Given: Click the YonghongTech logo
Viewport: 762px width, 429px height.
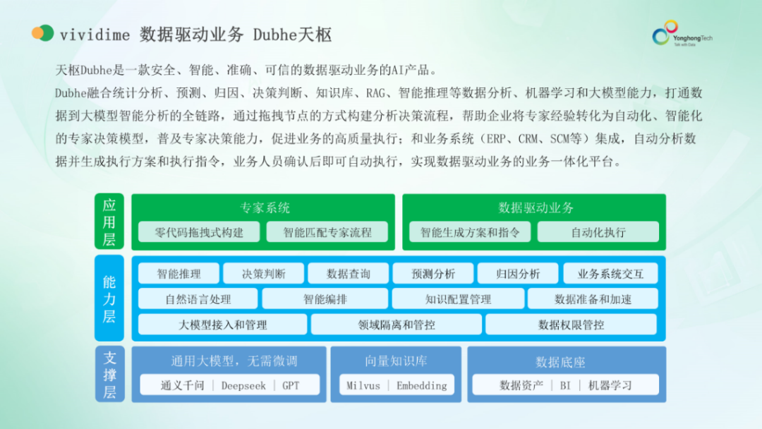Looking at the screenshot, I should click(x=681, y=33).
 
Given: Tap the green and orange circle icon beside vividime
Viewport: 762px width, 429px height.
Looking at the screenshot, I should click(x=42, y=33).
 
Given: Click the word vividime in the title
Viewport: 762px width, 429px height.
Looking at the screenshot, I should click(x=93, y=34).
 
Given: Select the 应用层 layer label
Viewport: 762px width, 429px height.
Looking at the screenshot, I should click(x=109, y=222).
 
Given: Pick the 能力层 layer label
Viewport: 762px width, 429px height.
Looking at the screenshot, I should click(x=109, y=298).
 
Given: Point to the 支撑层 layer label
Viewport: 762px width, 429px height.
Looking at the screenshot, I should click(x=109, y=375).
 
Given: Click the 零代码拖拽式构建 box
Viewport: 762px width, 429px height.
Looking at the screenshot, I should click(x=199, y=232).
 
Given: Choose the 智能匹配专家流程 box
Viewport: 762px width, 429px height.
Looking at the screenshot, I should click(x=327, y=232).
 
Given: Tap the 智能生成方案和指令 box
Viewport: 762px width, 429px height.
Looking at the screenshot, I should click(x=470, y=232).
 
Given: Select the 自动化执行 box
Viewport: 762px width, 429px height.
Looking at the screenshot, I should click(x=598, y=232).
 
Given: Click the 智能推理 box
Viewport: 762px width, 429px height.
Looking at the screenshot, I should click(x=179, y=274).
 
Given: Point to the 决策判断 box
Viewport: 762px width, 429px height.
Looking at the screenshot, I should click(x=264, y=274).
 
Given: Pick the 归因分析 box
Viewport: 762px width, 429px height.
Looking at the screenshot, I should click(x=518, y=274).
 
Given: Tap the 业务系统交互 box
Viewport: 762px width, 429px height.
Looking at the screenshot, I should click(x=610, y=274).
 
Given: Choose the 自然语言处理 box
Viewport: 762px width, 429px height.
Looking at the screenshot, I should click(x=198, y=299).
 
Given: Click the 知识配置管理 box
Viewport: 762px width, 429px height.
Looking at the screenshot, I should click(x=458, y=299).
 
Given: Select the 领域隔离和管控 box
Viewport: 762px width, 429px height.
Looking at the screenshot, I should click(x=397, y=325).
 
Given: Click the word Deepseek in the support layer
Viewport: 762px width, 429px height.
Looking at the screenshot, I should click(x=243, y=385).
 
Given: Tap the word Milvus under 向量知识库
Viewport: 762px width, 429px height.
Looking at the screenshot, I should click(x=363, y=385).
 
